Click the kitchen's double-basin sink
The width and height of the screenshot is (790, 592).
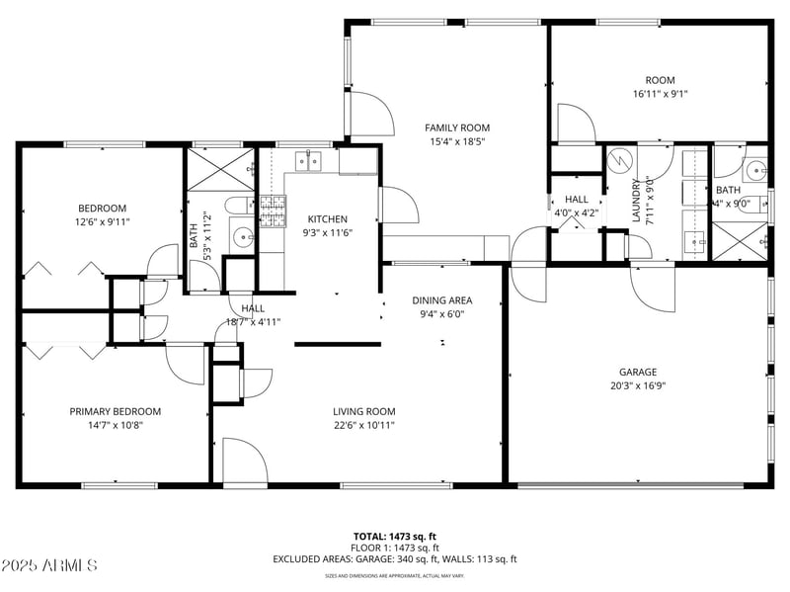[x=308, y=160]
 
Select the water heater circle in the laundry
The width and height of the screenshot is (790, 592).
[x=620, y=158]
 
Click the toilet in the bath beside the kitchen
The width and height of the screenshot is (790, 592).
[x=237, y=206]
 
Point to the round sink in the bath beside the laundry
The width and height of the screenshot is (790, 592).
[x=755, y=170]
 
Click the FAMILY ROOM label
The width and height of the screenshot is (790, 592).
[x=457, y=127]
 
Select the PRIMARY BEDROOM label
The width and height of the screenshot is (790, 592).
[x=115, y=411]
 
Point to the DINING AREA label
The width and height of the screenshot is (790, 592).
[x=441, y=300]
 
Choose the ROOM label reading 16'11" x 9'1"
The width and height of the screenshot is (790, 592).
[x=660, y=94]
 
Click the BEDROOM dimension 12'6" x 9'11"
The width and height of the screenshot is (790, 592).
[x=103, y=221]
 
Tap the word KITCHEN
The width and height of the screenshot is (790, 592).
[x=327, y=219]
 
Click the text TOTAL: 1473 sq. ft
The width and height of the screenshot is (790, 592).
[x=394, y=536]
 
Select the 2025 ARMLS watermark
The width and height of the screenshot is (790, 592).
[x=49, y=565]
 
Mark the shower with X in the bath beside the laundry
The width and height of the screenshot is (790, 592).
[x=739, y=238]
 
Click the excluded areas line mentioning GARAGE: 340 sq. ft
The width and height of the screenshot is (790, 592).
[x=394, y=559]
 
